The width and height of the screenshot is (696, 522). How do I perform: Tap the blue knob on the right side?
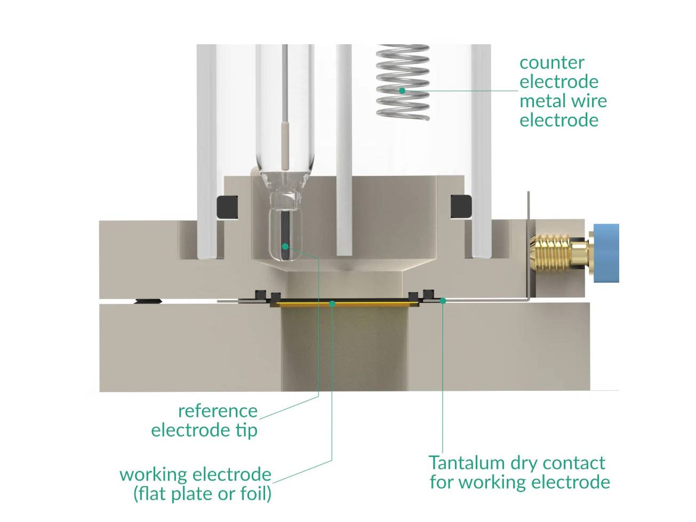tap(606, 253)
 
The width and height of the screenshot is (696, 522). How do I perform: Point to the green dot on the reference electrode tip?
tap(285, 246)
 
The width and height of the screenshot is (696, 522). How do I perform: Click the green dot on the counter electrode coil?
tap(402, 91)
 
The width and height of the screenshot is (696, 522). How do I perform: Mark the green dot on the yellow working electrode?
tap(332, 303)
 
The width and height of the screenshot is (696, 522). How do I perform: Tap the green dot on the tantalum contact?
tap(442, 301)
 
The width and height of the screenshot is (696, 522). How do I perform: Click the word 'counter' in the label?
tap(551, 62)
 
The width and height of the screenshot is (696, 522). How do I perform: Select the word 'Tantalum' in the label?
tap(466, 462)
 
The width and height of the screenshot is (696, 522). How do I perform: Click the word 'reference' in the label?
tap(218, 411)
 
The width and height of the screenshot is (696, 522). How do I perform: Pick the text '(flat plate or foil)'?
tap(202, 493)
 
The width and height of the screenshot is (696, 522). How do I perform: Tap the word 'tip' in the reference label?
tap(246, 430)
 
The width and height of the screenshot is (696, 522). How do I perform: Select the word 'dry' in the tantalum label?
tap(523, 462)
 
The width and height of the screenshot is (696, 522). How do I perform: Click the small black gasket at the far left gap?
tap(148, 301)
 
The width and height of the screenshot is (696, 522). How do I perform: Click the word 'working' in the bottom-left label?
tap(154, 474)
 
